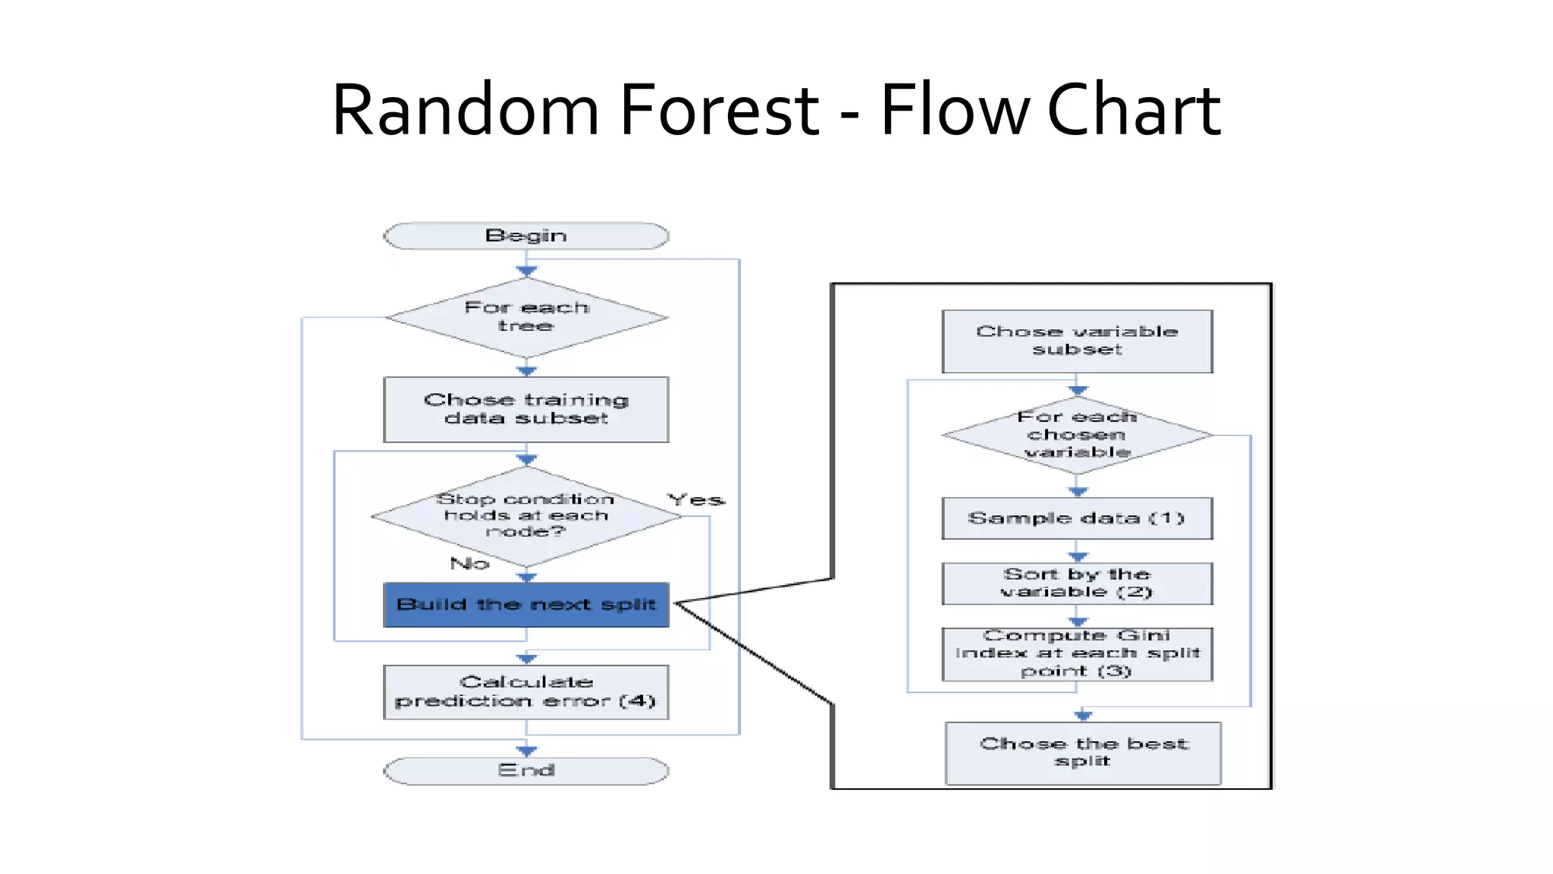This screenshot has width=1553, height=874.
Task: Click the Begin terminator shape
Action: coord(526,236)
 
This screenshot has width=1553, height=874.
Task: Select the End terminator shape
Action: coord(526,771)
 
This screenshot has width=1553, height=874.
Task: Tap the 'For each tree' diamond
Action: coord(526,317)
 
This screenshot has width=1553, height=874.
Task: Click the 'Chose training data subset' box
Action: coord(526,409)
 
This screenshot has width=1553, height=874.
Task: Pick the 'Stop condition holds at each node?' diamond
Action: coord(526,515)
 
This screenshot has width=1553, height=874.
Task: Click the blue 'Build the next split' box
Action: coord(526,605)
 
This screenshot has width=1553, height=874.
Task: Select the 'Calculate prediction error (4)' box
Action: coord(526,691)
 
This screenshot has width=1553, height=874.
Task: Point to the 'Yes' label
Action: coord(695,500)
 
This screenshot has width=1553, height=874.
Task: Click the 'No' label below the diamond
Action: coord(469,564)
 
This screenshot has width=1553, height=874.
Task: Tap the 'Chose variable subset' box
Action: coord(1077,341)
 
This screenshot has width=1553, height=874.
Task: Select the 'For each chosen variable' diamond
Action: coord(1077,435)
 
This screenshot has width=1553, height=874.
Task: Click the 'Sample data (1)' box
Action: coord(1077,518)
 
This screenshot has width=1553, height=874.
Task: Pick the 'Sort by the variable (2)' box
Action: coord(1077,583)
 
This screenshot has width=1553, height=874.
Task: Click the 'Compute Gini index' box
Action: coord(1077,653)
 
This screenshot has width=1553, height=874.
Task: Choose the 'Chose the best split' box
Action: coord(1083,753)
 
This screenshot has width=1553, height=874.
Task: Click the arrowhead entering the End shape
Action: coord(526,751)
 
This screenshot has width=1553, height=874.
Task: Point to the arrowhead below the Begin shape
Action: coord(526,271)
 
